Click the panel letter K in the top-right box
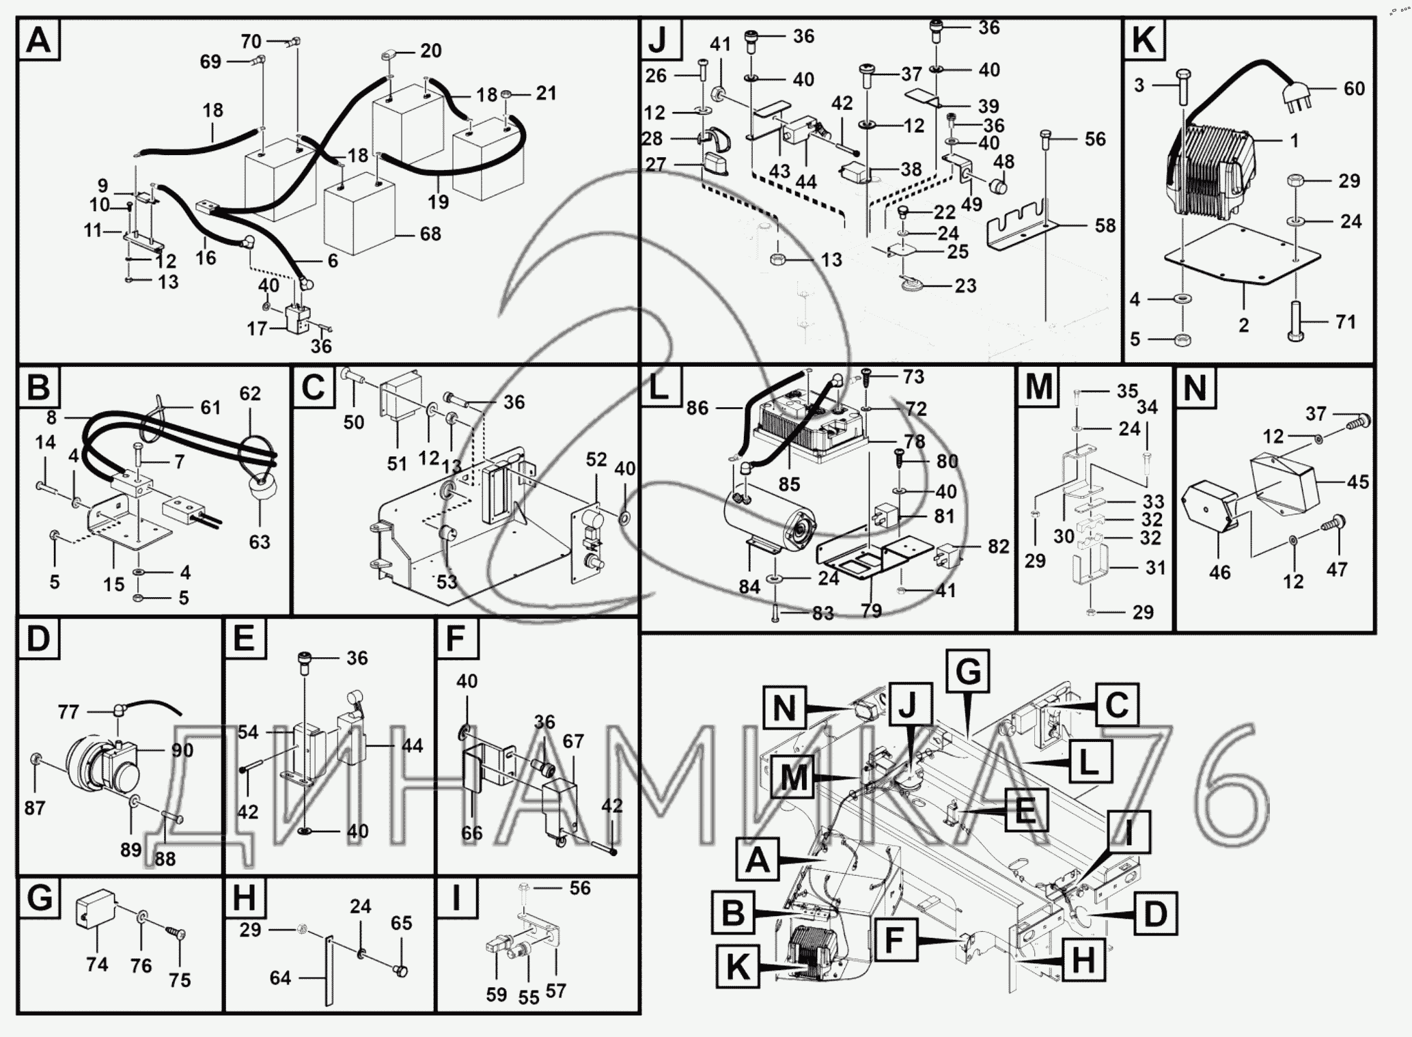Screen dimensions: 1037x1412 (x=1144, y=40)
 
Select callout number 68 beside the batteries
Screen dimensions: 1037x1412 (x=430, y=234)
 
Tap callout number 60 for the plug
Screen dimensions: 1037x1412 (x=1354, y=89)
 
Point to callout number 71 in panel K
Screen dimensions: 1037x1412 (x=1345, y=322)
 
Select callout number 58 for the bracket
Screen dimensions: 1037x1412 (x=1105, y=226)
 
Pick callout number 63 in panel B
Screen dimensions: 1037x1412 (x=260, y=542)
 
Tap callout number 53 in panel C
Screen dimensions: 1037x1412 (x=447, y=583)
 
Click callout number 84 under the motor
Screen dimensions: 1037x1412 (x=749, y=587)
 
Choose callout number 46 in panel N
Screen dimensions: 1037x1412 (x=1220, y=572)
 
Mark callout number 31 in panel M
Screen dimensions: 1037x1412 (x=1155, y=568)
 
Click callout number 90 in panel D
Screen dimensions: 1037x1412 (x=183, y=751)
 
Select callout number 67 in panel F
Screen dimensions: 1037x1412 (x=573, y=742)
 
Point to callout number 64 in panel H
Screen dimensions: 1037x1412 (x=280, y=978)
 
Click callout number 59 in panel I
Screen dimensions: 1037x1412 (x=497, y=995)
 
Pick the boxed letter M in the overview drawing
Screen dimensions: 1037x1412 (x=794, y=778)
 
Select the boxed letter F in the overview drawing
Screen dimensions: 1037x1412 (x=894, y=941)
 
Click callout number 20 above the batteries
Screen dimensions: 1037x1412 (x=431, y=51)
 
